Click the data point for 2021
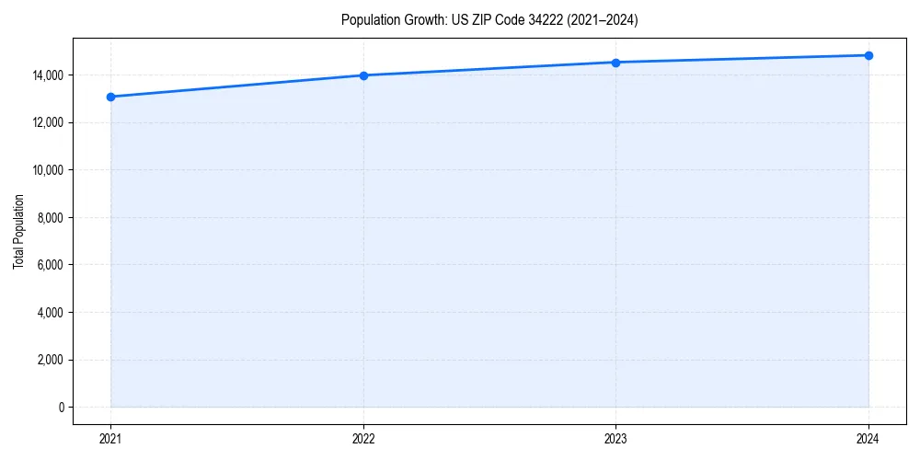point(110,97)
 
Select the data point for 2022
point(363,75)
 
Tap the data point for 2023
point(615,63)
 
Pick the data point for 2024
point(868,55)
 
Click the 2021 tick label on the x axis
point(110,439)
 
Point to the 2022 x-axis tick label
point(363,439)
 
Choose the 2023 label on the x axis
point(615,439)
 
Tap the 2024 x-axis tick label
point(868,439)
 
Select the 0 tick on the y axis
point(61,408)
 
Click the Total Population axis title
point(18,231)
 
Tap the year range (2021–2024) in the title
point(597,19)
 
